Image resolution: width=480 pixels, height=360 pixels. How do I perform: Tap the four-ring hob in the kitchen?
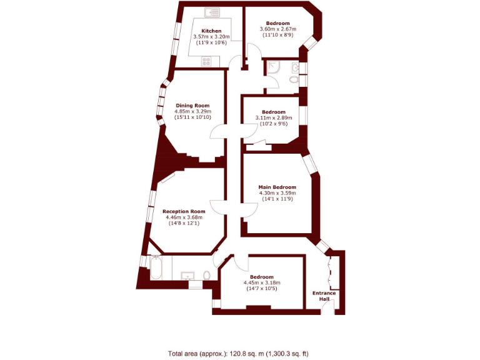[206, 61]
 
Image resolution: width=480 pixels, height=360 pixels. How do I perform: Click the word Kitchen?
[211, 31]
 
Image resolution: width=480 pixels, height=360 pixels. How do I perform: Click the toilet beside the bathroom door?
[207, 275]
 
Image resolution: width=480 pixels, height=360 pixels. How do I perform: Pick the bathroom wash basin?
[187, 275]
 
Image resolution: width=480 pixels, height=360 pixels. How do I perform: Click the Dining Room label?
[192, 105]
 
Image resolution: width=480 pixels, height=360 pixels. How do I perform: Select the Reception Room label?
[184, 211]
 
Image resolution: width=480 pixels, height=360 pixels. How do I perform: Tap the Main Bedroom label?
[277, 187]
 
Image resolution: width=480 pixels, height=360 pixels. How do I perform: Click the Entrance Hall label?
[324, 296]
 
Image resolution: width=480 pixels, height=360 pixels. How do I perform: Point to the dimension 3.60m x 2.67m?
[277, 29]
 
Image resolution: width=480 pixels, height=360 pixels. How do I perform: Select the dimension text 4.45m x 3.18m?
[262, 282]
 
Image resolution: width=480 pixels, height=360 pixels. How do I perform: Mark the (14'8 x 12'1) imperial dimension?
[184, 224]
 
